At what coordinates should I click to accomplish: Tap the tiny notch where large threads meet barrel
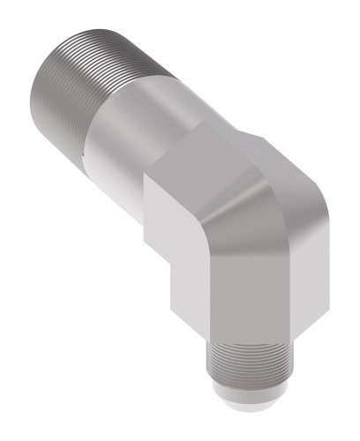pyautogui.click(x=81, y=157)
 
